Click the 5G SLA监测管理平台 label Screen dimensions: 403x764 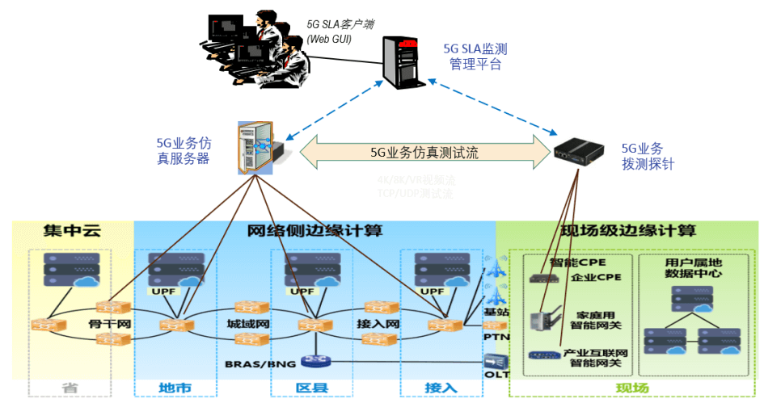[x=475, y=57]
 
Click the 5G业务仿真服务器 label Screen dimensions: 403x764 [x=183, y=151]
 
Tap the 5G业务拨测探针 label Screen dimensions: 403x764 [x=647, y=156]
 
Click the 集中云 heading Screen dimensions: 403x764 [x=72, y=231]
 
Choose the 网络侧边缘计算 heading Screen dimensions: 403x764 [x=314, y=231]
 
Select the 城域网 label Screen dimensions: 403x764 [x=247, y=325]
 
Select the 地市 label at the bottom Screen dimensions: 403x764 [x=174, y=388]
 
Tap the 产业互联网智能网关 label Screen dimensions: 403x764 [x=596, y=359]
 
